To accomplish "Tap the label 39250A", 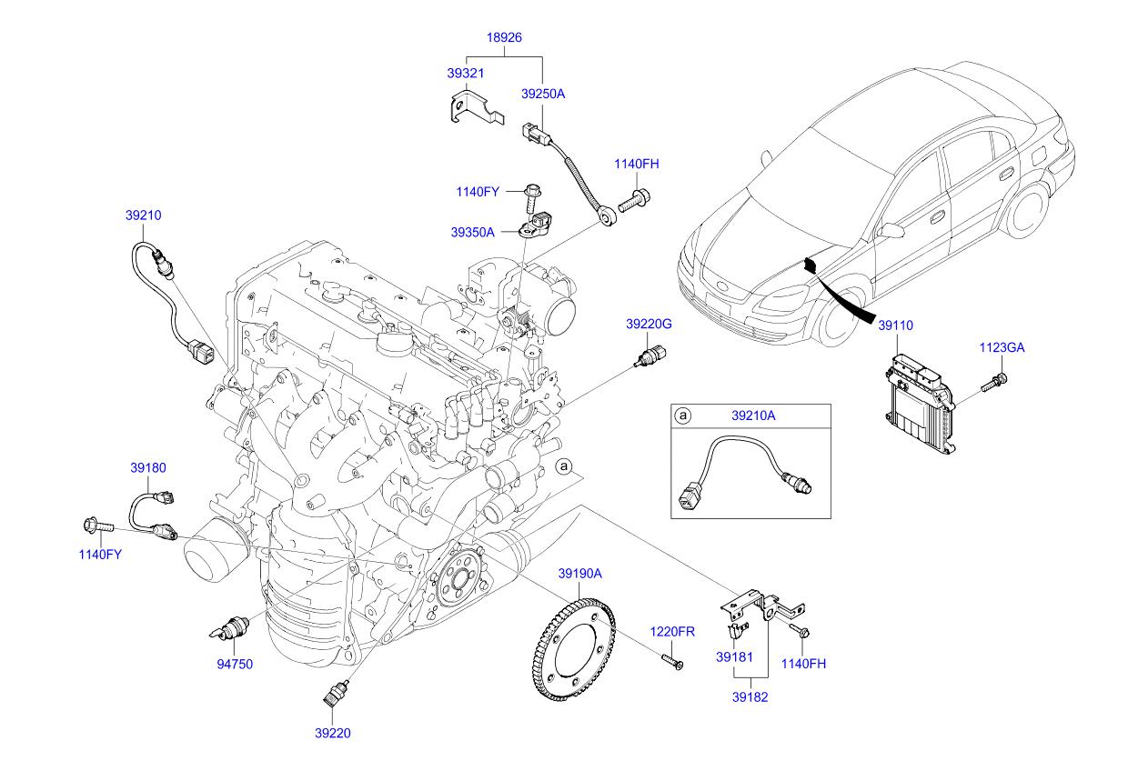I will click(x=543, y=94).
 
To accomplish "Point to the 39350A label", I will click(x=472, y=232).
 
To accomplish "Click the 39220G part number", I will click(x=648, y=324).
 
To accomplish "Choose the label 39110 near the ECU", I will click(x=895, y=324).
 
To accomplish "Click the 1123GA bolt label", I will click(x=1002, y=346).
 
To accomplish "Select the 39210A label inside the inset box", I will click(x=753, y=416).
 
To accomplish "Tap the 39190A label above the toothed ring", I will click(x=580, y=574).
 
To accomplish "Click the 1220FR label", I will click(x=671, y=632).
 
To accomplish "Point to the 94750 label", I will click(x=235, y=664).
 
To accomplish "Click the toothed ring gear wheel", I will click(x=573, y=649).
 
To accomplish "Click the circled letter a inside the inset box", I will click(x=683, y=416).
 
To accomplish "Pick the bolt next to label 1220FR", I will click(x=672, y=660).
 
